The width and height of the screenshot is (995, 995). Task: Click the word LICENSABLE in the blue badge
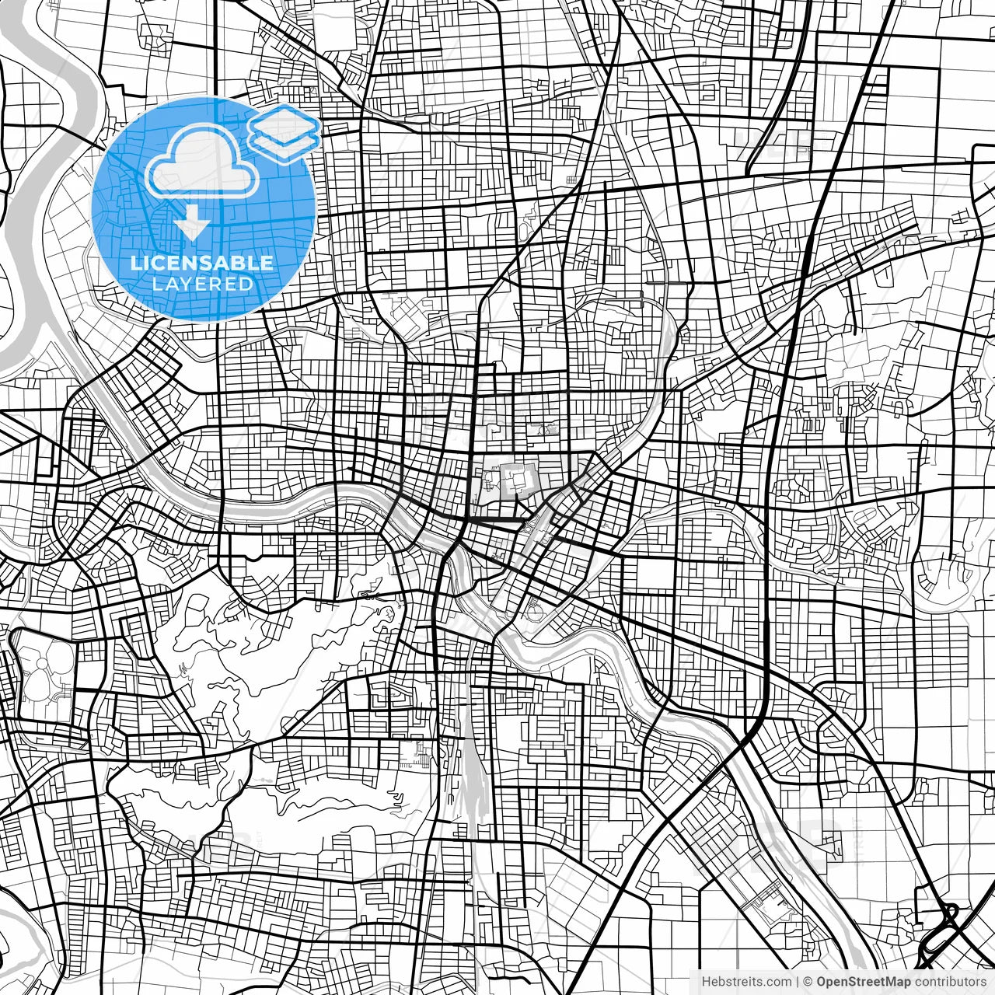(202, 263)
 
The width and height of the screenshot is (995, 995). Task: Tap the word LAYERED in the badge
(202, 285)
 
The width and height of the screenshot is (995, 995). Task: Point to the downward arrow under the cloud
(191, 222)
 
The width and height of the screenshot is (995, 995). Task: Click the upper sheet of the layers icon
(285, 124)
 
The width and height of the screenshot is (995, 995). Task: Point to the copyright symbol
(808, 982)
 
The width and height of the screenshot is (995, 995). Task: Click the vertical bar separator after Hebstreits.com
(798, 982)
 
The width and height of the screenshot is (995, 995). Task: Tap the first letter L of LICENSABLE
(135, 263)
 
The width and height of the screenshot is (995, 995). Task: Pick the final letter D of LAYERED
(247, 285)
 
